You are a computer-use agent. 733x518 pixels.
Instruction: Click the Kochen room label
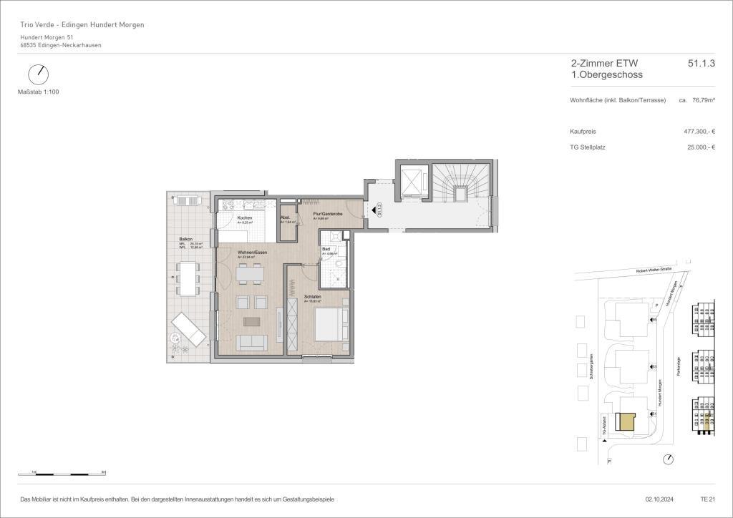[x=244, y=218]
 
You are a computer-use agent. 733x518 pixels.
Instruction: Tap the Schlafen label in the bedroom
[x=311, y=296]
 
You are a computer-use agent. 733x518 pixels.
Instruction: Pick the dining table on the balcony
[x=188, y=278]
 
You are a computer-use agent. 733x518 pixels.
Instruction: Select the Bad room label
[x=326, y=249]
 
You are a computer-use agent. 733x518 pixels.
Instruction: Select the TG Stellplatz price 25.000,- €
[x=701, y=147]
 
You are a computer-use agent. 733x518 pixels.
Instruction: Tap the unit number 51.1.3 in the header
[x=701, y=64]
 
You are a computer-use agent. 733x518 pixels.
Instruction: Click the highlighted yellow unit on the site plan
[x=626, y=421]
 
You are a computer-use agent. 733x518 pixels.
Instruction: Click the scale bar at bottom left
[x=62, y=473]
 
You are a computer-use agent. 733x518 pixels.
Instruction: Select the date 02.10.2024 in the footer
[x=651, y=499]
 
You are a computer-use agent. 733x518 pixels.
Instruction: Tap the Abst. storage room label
[x=284, y=218]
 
